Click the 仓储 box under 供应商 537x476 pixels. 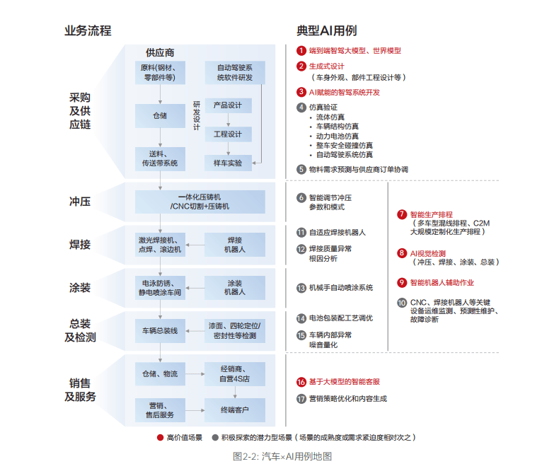tap(160, 115)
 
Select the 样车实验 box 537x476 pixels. tap(227, 163)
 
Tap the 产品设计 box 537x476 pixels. tap(227, 105)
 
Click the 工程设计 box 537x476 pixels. tap(227, 134)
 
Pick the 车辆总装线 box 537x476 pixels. tap(160, 330)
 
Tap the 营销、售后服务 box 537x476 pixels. tap(161, 410)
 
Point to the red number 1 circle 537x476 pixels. tap(301, 51)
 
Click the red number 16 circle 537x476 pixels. tap(301, 381)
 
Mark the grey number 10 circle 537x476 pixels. tap(402, 302)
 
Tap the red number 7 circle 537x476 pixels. tap(402, 214)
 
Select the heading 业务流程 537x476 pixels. tap(88, 30)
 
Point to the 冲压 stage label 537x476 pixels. tap(80, 202)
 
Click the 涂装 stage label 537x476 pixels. tap(80, 287)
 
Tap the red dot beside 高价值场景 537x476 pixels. tap(161, 437)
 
